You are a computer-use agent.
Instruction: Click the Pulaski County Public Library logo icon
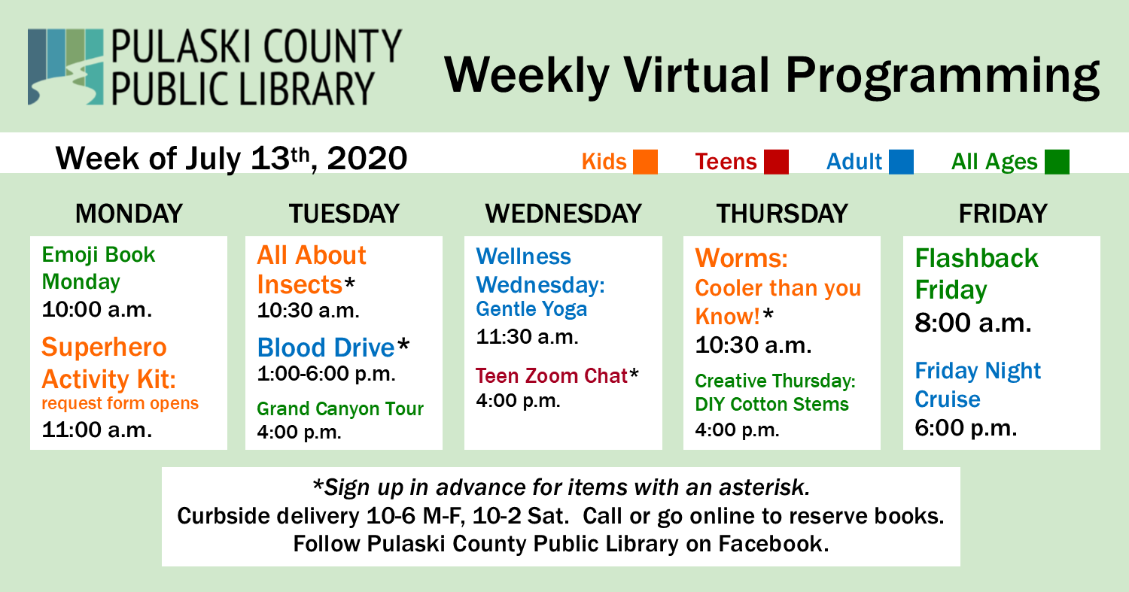tap(65, 66)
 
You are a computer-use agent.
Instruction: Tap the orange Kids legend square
tap(645, 162)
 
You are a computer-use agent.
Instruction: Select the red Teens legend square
tap(776, 162)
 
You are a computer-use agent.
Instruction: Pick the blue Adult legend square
tap(901, 162)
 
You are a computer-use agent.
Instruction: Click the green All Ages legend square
tap(1057, 162)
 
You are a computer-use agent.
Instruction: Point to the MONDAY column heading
tap(129, 214)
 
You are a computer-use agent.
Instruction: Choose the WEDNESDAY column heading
tap(564, 214)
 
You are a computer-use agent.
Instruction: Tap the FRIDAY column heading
tap(1003, 214)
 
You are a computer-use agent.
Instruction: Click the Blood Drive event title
tap(326, 347)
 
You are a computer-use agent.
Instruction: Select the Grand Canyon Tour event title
tap(340, 408)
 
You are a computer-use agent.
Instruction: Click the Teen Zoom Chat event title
tap(552, 376)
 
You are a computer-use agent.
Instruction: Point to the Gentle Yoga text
tap(531, 309)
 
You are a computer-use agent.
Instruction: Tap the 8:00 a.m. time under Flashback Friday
tap(973, 323)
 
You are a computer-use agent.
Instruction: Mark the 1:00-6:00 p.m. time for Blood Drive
tap(327, 374)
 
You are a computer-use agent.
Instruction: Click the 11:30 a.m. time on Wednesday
tap(527, 336)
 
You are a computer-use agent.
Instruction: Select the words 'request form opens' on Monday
tap(120, 403)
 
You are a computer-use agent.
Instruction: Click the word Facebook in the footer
tap(774, 544)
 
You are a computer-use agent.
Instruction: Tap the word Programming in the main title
tap(942, 75)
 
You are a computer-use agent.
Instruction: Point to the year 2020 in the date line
tap(367, 159)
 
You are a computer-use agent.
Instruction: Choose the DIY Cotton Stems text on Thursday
tap(771, 404)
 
